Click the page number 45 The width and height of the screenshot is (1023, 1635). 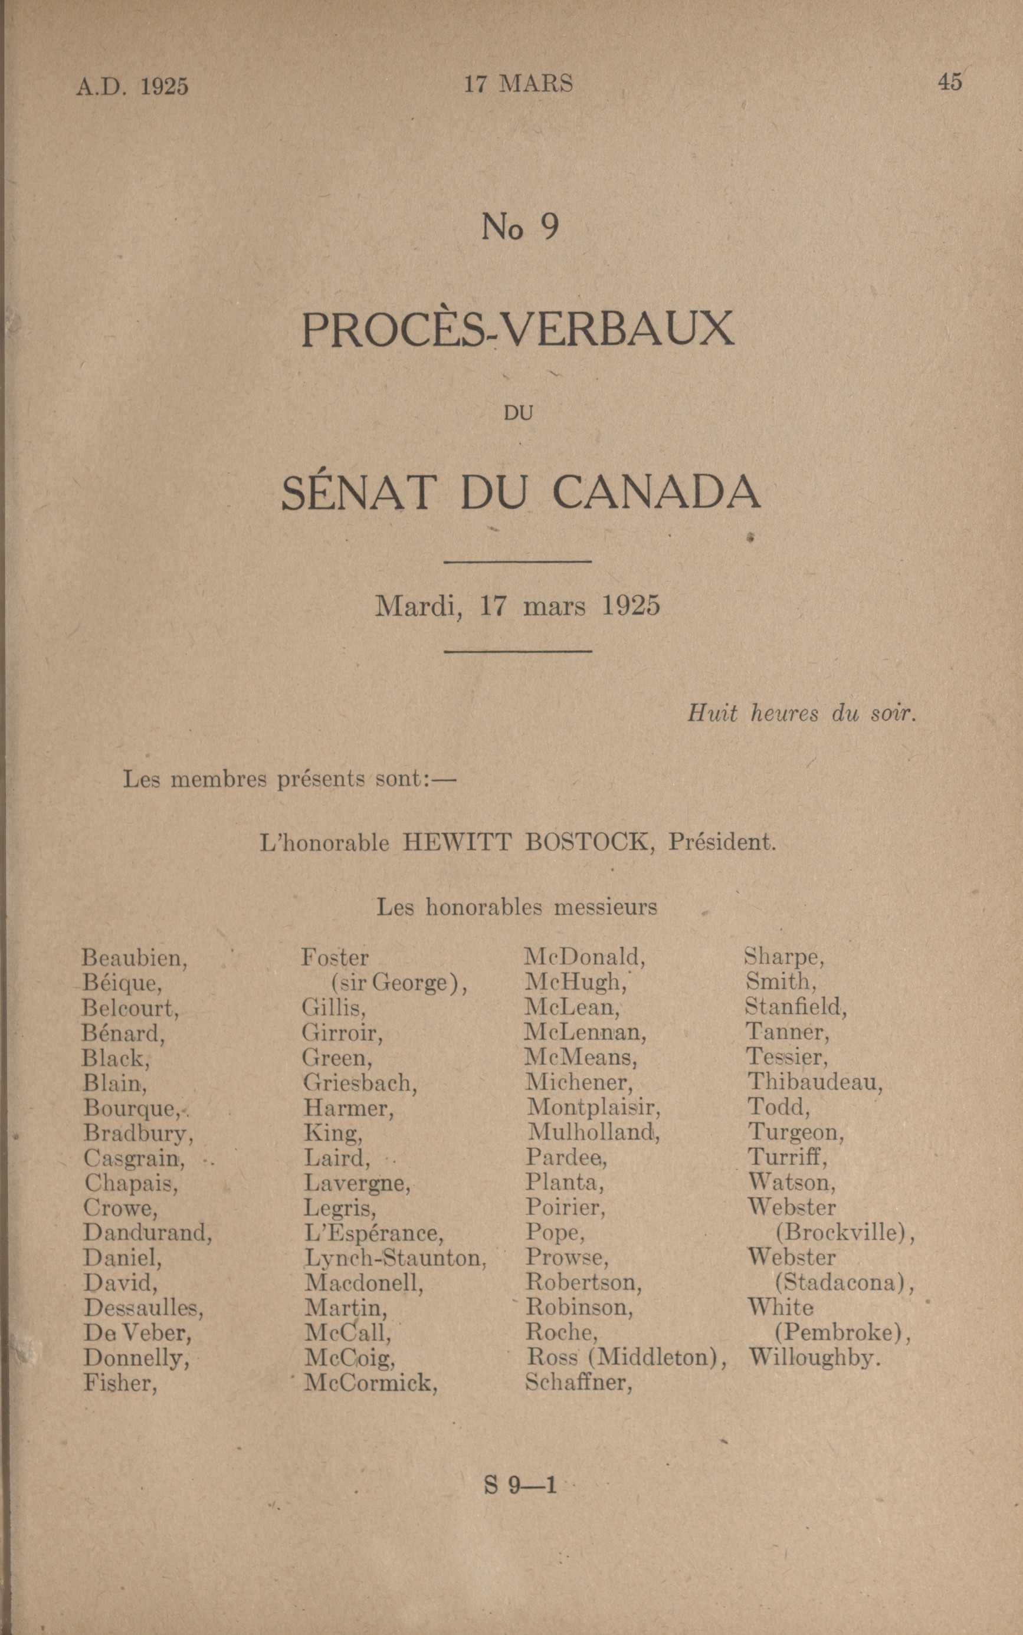click(x=949, y=82)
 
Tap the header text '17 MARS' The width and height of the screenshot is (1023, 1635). click(x=517, y=84)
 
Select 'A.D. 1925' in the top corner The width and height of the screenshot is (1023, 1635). click(x=132, y=87)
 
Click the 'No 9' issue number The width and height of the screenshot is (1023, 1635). click(x=520, y=227)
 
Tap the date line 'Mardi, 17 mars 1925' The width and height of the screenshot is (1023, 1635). click(x=517, y=605)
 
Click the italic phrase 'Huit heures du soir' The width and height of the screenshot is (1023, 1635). click(x=802, y=713)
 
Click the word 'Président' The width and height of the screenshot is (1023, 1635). click(x=722, y=842)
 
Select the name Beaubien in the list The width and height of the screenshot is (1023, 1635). click(x=135, y=958)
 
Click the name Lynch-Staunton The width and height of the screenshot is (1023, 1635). click(x=396, y=1258)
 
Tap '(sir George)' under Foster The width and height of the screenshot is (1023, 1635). click(x=399, y=982)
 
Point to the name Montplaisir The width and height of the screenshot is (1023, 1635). click(x=594, y=1107)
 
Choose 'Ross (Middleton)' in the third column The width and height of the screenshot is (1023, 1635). click(x=627, y=1357)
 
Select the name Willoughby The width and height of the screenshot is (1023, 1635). click(x=814, y=1357)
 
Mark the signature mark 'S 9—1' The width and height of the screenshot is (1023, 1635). click(x=520, y=1485)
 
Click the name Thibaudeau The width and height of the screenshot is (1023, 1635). click(x=815, y=1082)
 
